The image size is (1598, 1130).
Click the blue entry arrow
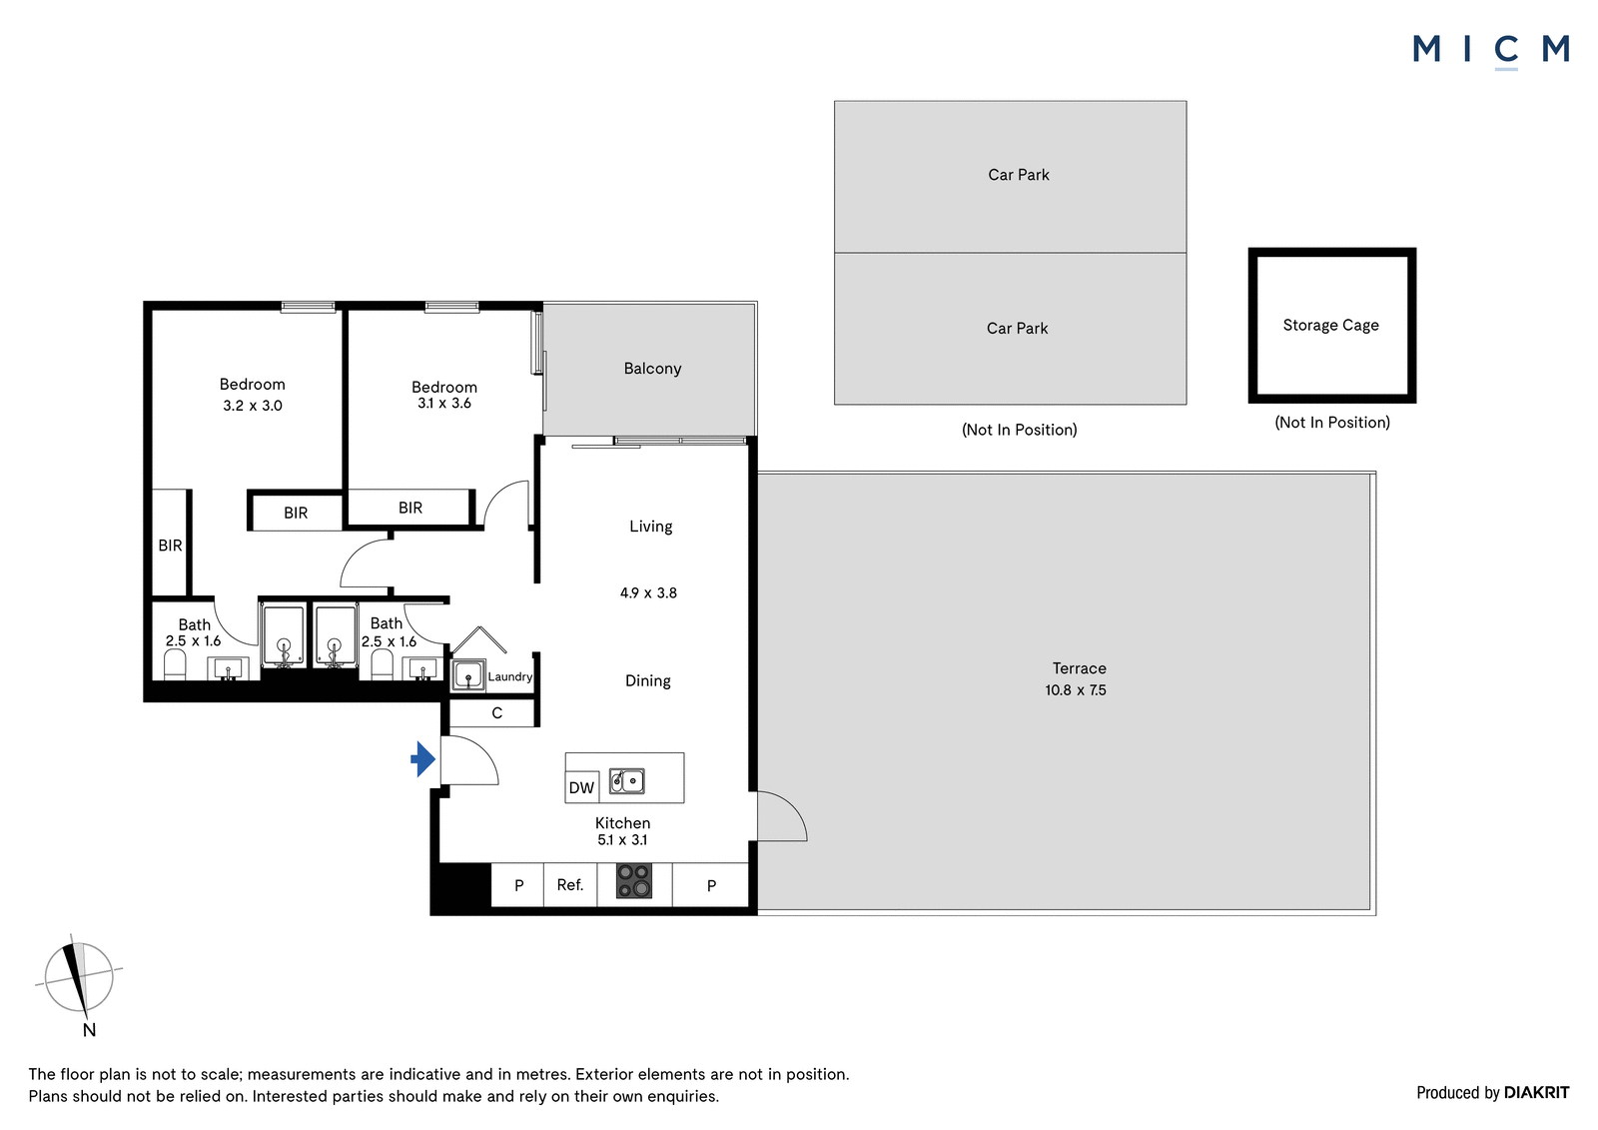point(423,758)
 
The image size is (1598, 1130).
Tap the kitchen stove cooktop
point(633,881)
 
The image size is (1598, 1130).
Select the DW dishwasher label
point(581,787)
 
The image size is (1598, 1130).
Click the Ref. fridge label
point(570,885)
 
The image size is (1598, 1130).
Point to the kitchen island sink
point(627,781)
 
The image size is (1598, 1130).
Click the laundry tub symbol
point(468,675)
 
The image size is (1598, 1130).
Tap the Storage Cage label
point(1330,326)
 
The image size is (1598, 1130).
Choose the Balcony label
point(653,369)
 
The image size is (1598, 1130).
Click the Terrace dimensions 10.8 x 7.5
point(1076,690)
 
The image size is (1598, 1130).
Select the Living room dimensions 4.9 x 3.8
point(648,593)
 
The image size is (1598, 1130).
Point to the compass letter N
point(89,1030)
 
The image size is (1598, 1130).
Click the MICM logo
point(1491,50)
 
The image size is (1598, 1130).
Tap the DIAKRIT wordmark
point(1536,1093)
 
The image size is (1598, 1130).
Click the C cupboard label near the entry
point(497,713)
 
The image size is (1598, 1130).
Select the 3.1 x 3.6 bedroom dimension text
point(444,404)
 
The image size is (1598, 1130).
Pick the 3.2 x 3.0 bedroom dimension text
point(253,407)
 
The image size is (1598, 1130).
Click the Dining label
point(648,681)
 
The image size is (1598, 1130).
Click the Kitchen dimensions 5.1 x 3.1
point(623,840)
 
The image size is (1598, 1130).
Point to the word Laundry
point(510,676)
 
